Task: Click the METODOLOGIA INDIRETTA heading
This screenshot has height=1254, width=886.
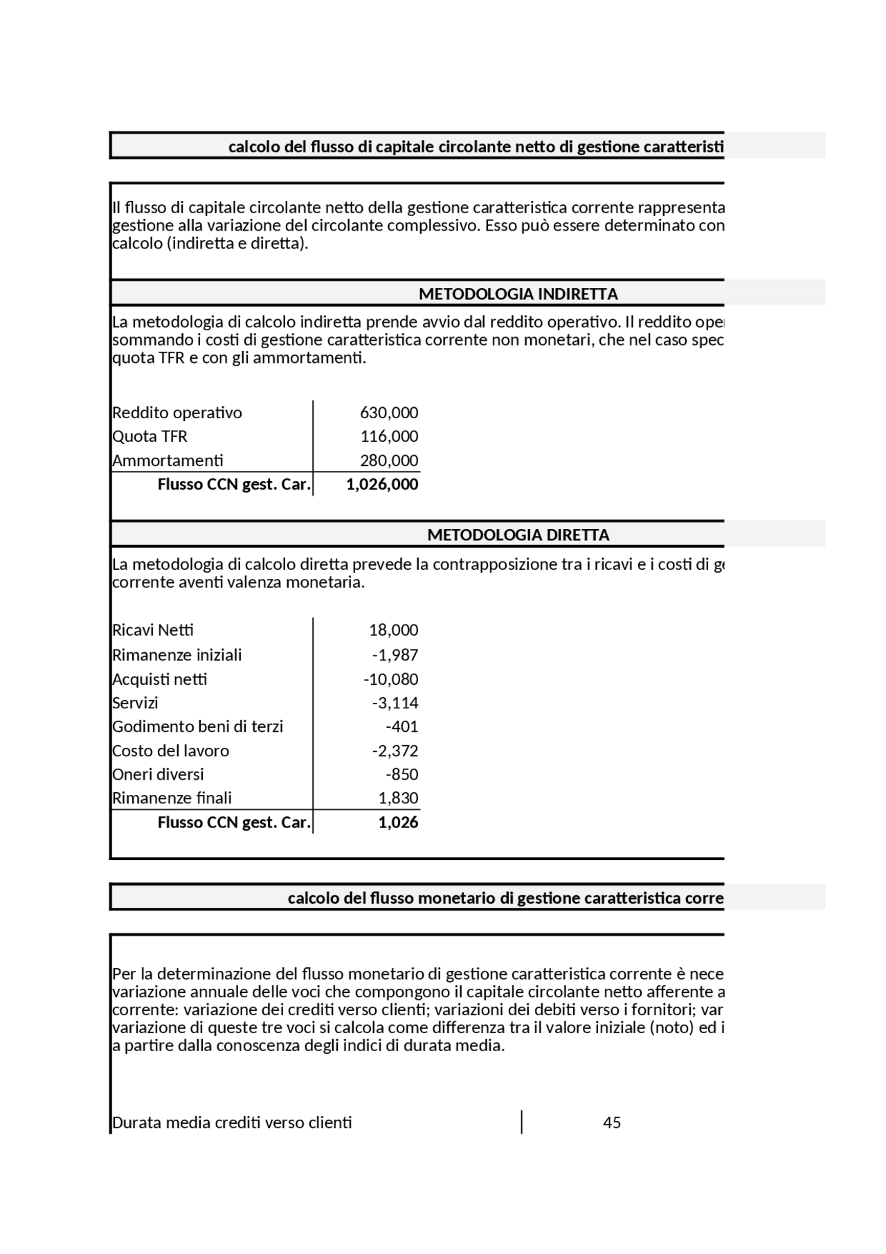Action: coord(518,294)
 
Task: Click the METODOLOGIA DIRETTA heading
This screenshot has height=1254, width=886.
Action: coord(518,535)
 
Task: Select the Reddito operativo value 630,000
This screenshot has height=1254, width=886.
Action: coord(389,413)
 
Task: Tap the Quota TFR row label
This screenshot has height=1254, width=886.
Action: coord(150,436)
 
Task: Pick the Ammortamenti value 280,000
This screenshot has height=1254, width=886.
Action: coord(389,460)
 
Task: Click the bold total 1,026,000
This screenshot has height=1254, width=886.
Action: coord(382,484)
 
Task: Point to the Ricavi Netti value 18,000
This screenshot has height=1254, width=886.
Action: coord(393,630)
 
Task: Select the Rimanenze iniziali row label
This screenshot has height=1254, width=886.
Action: coord(177,655)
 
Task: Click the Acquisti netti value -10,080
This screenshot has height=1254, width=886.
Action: coord(390,679)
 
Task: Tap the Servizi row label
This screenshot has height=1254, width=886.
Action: coord(135,703)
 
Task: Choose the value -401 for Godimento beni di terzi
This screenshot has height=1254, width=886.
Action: coord(401,726)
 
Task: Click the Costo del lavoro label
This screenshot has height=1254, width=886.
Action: coord(170,751)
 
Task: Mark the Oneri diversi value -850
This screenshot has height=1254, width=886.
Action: coord(401,774)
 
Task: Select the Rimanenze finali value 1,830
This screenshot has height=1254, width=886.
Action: coord(398,798)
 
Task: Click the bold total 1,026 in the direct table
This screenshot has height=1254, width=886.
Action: coord(398,822)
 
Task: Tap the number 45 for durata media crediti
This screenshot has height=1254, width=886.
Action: coord(612,1122)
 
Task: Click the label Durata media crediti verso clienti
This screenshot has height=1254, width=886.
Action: coord(232,1122)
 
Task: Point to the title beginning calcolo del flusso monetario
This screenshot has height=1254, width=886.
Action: coord(505,898)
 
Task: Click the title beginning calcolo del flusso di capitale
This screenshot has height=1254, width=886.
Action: coord(476,147)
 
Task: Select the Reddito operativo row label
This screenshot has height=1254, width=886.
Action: coord(177,413)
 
